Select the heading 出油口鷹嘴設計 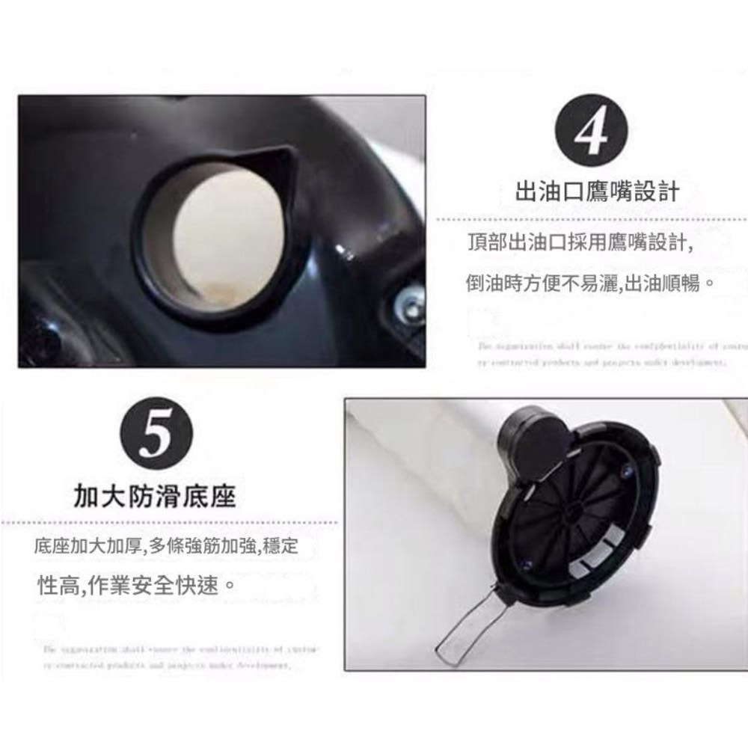(x=598, y=191)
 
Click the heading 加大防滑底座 (x=154, y=496)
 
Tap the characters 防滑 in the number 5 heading (x=154, y=496)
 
